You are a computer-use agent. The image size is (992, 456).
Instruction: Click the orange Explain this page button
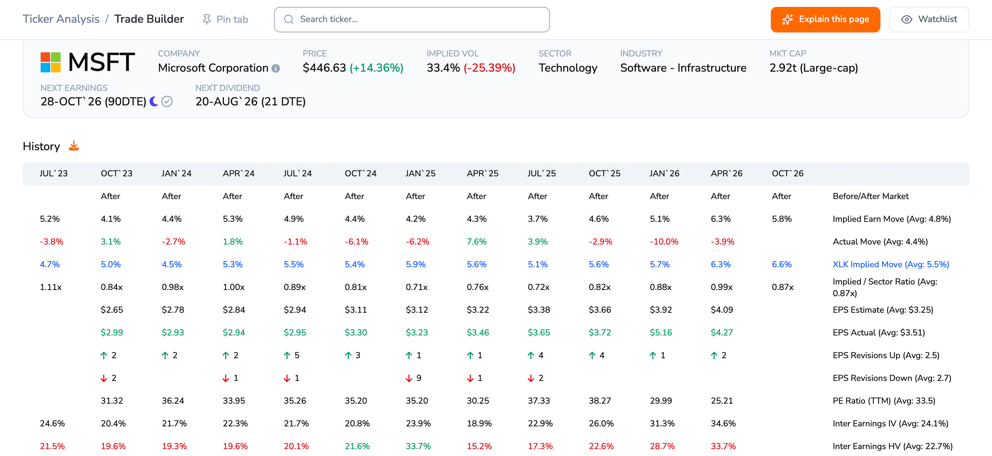click(x=825, y=19)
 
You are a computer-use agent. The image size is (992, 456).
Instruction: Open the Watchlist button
click(x=929, y=19)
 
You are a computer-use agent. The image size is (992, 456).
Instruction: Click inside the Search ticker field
click(x=412, y=19)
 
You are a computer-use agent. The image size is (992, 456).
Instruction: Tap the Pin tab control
click(x=225, y=19)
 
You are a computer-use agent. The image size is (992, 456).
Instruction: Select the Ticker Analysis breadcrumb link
click(x=61, y=19)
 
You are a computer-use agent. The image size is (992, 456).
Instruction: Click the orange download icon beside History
click(x=74, y=146)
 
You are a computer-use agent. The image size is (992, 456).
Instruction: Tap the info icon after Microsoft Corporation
click(x=276, y=68)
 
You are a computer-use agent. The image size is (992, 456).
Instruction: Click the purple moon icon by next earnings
click(x=154, y=101)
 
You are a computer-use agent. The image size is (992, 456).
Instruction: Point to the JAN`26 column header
click(x=664, y=173)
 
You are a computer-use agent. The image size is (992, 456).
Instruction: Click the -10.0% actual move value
click(x=664, y=241)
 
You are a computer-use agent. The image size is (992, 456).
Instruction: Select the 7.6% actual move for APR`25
click(x=477, y=241)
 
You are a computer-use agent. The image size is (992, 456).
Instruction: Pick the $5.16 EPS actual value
click(x=661, y=332)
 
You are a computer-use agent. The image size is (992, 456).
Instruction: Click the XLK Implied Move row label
click(x=891, y=264)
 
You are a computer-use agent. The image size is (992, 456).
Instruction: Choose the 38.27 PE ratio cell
click(x=600, y=401)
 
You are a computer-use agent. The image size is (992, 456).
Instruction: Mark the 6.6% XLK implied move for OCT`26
click(x=782, y=264)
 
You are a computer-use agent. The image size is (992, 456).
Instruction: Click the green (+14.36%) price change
click(x=376, y=68)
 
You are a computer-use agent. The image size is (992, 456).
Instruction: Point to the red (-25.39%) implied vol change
click(x=489, y=68)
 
